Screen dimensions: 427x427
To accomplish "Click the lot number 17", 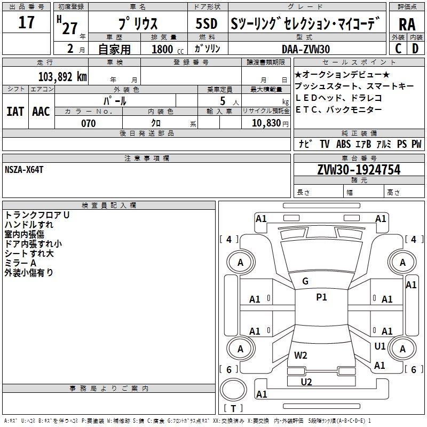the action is pos(26,22).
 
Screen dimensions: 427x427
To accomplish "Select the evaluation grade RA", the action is pos(407,25).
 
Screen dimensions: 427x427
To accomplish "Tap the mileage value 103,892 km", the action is pos(62,76).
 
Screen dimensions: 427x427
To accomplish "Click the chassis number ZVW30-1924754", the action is pos(358,170).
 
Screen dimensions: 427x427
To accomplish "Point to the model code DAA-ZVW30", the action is pos(306,49).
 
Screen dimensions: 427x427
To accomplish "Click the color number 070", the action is pos(88,123).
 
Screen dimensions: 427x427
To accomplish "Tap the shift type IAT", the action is pos(15,112).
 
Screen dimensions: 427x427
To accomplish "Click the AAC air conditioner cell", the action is pos(41,112).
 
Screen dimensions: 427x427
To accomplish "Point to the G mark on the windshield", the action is pos(305,281).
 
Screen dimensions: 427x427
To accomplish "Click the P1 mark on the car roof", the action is pos(321,297).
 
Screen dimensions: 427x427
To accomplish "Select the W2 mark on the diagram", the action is pos(301,355).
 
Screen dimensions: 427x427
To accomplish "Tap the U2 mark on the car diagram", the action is pos(306,382).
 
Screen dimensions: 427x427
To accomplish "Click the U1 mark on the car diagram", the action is pos(379,346).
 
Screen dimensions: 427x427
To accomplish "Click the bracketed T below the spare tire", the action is pos(233,408).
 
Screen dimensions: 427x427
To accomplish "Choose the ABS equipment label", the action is pos(343,144).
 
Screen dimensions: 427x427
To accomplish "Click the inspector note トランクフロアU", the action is pos(37,215).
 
